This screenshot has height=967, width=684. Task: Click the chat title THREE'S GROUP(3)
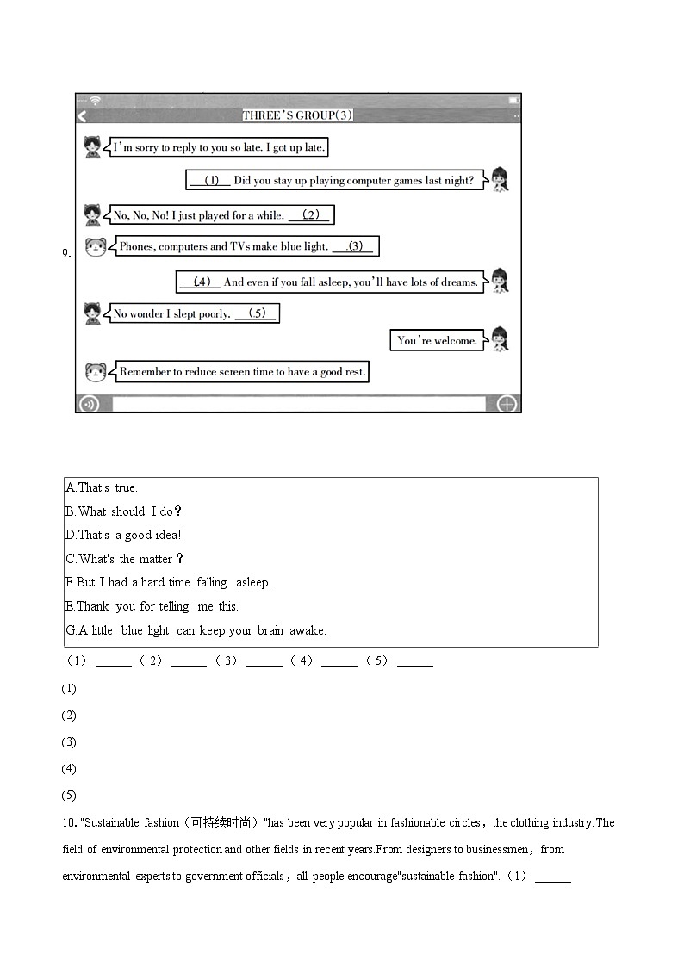pyautogui.click(x=297, y=115)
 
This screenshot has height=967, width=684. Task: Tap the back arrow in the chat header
pyautogui.click(x=82, y=116)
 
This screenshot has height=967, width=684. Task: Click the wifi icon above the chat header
pyautogui.click(x=95, y=101)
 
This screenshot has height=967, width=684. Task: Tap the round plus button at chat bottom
pyautogui.click(x=507, y=404)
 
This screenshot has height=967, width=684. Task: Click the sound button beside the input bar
pyautogui.click(x=89, y=404)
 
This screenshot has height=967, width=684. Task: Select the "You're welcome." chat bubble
pyautogui.click(x=437, y=340)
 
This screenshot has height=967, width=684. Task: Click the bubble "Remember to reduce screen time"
pyautogui.click(x=242, y=372)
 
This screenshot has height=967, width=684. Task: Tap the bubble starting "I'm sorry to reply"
pyautogui.click(x=219, y=147)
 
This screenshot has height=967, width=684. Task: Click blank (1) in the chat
pyautogui.click(x=210, y=181)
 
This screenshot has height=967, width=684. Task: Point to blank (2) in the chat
pyautogui.click(x=309, y=215)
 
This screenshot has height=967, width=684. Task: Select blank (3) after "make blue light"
pyautogui.click(x=353, y=246)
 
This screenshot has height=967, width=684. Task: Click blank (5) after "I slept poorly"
pyautogui.click(x=256, y=313)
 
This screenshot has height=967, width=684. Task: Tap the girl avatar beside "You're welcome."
pyautogui.click(x=499, y=339)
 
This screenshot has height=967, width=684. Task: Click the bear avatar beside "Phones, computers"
pyautogui.click(x=96, y=247)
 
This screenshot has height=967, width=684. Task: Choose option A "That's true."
pyautogui.click(x=102, y=487)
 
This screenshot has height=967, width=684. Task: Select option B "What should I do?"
pyautogui.click(x=123, y=511)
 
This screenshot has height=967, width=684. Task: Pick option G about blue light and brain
pyautogui.click(x=196, y=630)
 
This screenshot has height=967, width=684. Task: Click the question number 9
pyautogui.click(x=65, y=253)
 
